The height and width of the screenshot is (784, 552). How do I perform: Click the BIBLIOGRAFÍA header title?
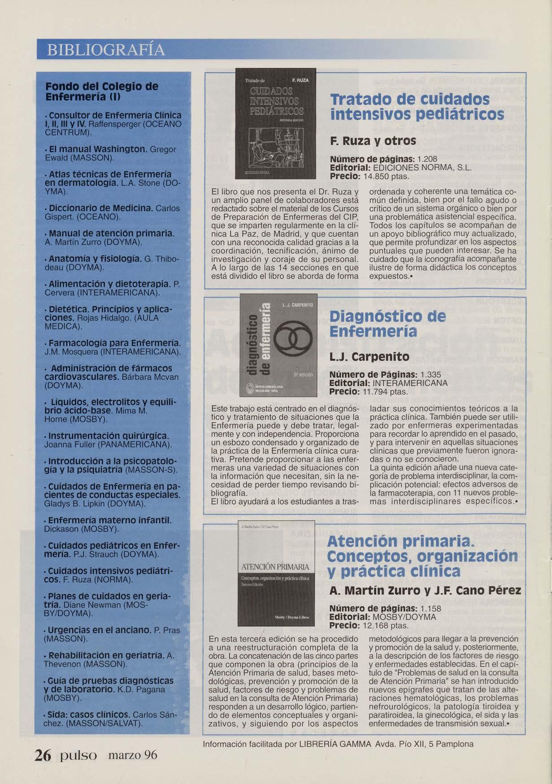(x=106, y=49)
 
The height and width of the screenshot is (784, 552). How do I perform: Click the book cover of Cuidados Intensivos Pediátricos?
(x=276, y=123)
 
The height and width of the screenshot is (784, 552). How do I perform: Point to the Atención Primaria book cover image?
(x=276, y=575)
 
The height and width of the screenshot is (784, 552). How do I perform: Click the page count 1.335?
(x=429, y=375)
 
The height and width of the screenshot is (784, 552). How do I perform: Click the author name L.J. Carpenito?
(x=369, y=357)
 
